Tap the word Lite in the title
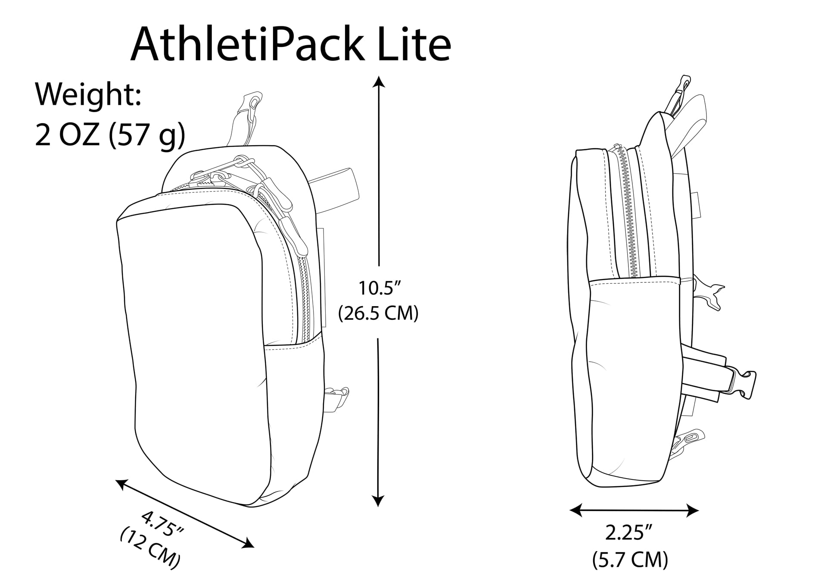click(414, 44)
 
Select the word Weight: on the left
click(88, 94)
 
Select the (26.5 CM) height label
click(378, 313)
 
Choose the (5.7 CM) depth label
click(630, 560)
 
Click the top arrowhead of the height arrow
click(379, 81)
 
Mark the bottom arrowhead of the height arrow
click(378, 501)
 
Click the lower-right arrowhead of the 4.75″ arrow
click(249, 543)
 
